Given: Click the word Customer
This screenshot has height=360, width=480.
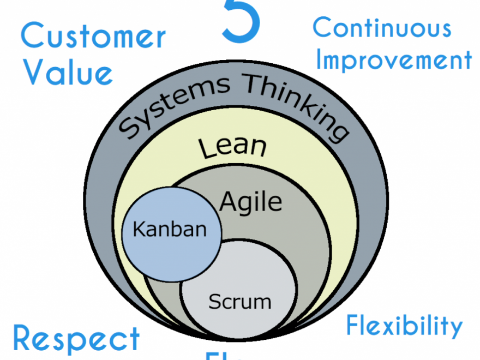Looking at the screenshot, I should point(93,37).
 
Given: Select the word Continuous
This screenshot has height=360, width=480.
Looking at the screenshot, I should point(382,28).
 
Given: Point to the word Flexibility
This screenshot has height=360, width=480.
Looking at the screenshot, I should point(404,326).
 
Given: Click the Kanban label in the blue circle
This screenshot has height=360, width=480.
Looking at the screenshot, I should point(170,229).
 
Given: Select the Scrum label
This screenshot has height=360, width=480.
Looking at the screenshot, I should point(239,301).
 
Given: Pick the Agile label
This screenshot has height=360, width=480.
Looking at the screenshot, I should point(251,202).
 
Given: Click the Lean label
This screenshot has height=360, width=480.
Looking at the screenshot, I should point(232,147).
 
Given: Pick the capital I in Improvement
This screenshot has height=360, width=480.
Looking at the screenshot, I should point(320,61).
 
